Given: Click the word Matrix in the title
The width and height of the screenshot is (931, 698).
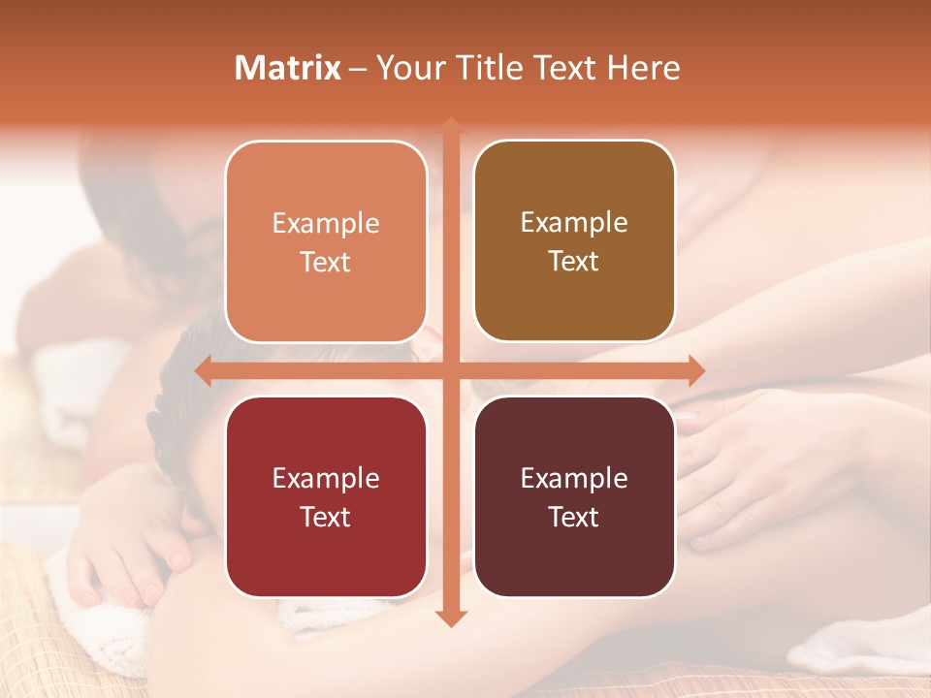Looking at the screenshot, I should coord(288,68).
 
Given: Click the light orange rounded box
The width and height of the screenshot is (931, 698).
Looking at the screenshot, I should coord(326,242).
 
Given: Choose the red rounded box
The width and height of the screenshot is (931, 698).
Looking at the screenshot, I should coord(326,496).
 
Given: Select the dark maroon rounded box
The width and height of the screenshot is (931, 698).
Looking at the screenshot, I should coord(574,496).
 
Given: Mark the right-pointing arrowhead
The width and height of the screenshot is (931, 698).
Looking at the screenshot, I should coord(696,370).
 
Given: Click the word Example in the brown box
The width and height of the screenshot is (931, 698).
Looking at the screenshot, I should coord(574,222).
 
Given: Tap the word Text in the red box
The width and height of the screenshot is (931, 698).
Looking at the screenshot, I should coord(326,517).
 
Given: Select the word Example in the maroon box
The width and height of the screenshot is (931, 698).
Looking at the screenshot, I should coord(574,478).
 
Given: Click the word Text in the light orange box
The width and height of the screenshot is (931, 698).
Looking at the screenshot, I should coord(326,262).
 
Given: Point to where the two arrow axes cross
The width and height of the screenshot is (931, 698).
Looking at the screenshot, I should coord(450,370).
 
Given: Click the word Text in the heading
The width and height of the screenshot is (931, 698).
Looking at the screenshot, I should coord(557,68).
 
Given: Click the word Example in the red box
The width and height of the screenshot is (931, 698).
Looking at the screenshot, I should coord(326,478).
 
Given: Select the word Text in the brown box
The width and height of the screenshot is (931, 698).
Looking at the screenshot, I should coord(574,261).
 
